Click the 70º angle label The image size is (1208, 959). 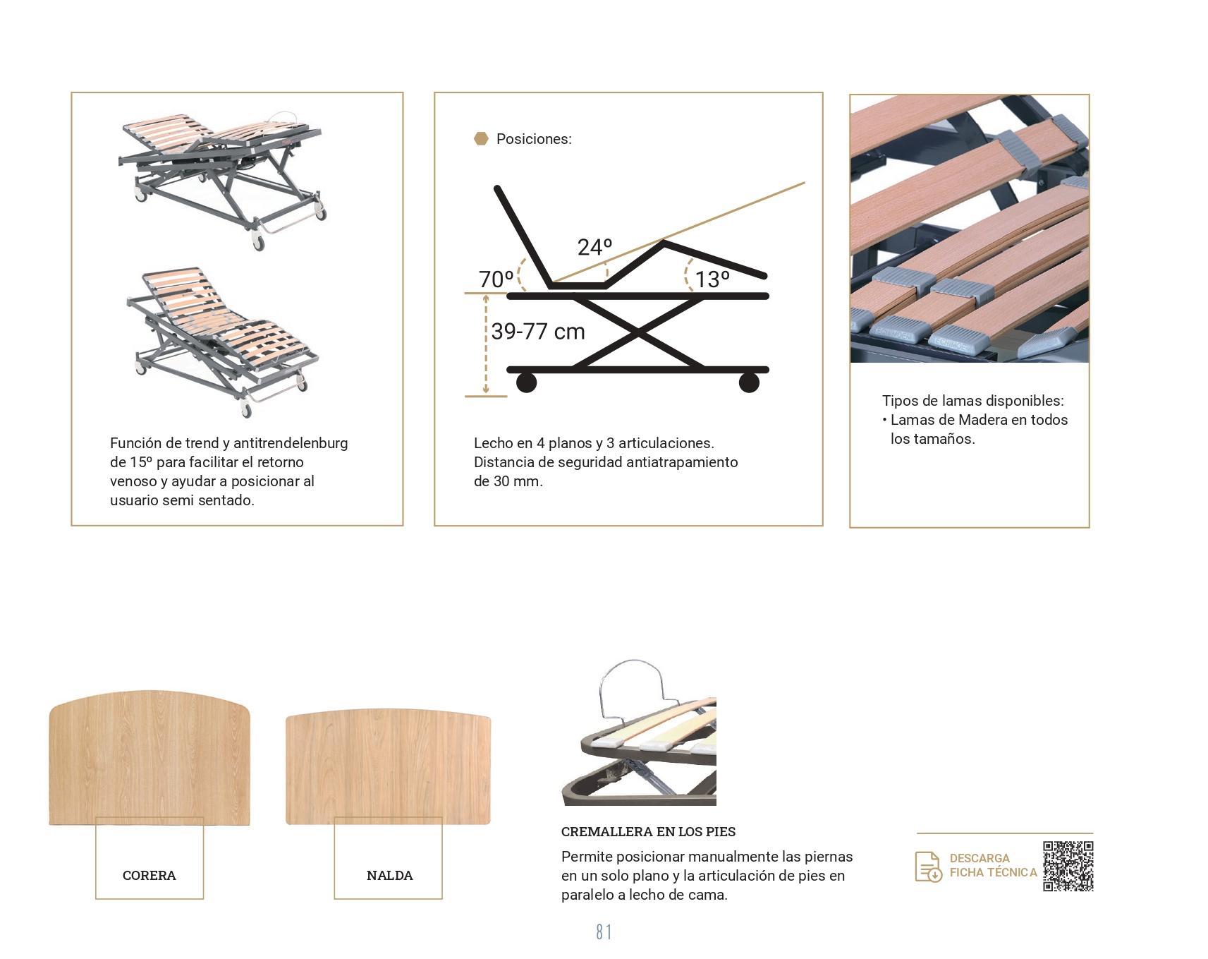click(496, 279)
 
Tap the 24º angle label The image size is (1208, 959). click(594, 247)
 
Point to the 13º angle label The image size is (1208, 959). click(712, 279)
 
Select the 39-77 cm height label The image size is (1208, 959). click(538, 331)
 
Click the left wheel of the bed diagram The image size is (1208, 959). click(526, 382)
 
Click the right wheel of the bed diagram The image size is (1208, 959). click(749, 382)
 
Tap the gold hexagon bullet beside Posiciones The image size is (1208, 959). click(481, 139)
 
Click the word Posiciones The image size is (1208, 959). click(534, 139)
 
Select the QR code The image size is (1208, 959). click(1068, 866)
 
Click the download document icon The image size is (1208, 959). click(928, 867)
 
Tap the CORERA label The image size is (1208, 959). click(150, 876)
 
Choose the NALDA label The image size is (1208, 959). click(390, 876)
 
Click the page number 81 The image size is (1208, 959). click(604, 932)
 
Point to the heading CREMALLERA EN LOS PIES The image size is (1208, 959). click(648, 832)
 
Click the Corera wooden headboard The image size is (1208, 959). click(150, 758)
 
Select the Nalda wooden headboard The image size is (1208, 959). click(388, 766)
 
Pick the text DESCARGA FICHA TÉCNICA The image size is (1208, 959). click(993, 865)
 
